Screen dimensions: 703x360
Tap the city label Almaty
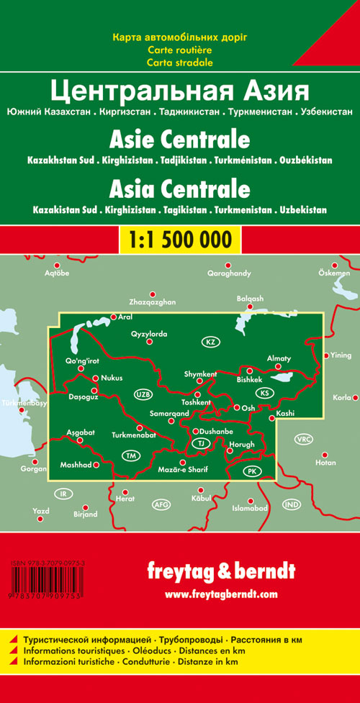point(279,358)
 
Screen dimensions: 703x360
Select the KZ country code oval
point(210,341)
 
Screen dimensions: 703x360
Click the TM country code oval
point(130,456)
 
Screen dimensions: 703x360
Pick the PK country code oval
point(251,471)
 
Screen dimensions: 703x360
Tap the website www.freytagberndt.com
point(220,594)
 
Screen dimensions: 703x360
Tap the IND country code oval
point(291,504)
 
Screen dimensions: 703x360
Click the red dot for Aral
point(113,317)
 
